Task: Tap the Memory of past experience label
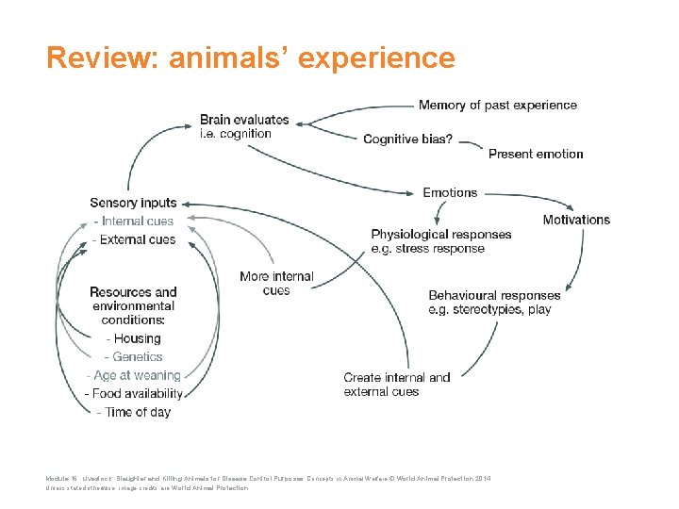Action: pos(497,105)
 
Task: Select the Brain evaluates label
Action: pos(244,120)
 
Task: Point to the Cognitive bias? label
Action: pos(407,139)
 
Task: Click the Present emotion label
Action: pos(536,154)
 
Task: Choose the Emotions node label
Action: pos(450,192)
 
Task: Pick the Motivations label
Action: pos(576,220)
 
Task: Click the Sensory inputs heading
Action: pos(133,203)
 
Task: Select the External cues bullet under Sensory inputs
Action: pos(135,239)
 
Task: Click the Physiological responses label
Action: pos(441,235)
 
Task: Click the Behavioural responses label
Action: pos(494,296)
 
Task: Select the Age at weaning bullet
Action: pos(136,375)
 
